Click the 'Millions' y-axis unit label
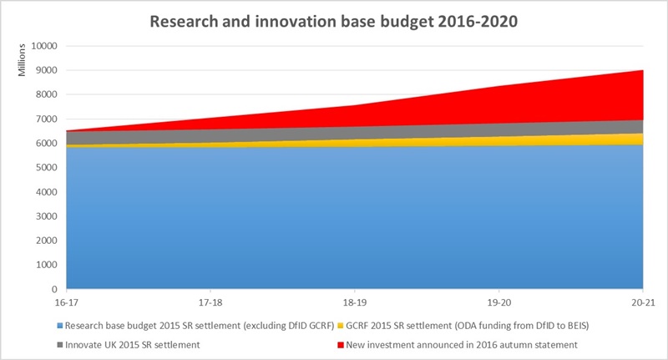point(23,62)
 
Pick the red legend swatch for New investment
point(343,344)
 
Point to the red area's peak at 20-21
point(641,71)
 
